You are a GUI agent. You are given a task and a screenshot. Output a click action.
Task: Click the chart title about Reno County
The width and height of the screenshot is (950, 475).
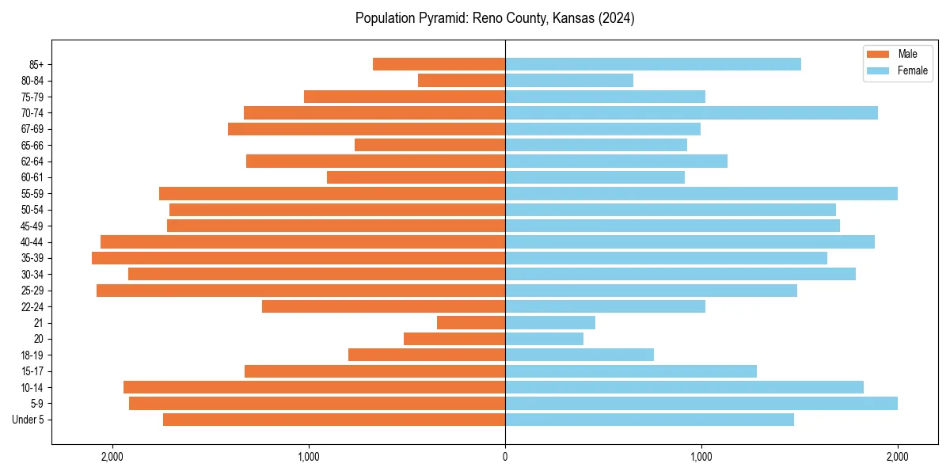pos(495,18)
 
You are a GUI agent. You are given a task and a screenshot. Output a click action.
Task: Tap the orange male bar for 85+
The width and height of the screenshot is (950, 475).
pos(439,64)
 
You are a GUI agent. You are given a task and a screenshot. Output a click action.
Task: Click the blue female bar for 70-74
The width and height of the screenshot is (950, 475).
pos(691,112)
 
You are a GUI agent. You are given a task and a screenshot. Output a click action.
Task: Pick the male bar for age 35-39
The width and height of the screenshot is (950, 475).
pos(298,258)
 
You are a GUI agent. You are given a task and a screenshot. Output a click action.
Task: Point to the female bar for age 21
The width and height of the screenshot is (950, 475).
pos(550,322)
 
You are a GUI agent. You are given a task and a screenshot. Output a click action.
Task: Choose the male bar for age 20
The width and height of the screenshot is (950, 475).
pos(454,339)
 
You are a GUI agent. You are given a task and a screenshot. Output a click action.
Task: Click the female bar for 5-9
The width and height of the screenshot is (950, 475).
pos(701,403)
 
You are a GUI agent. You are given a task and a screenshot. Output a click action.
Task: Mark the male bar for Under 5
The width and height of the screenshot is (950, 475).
pos(334,420)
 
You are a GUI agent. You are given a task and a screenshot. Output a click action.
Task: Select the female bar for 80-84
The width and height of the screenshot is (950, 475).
pos(569,80)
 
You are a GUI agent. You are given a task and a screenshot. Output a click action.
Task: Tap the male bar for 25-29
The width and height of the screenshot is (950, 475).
pos(301,291)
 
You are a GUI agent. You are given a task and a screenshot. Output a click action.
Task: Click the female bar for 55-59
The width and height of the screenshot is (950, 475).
pos(701,193)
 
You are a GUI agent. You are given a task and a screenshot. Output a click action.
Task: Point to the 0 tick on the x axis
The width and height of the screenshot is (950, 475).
pos(505,456)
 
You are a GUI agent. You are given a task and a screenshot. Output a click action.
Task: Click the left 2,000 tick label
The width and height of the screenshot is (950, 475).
pos(112,456)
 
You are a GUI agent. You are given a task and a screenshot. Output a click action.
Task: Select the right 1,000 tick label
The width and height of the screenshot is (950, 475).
pos(701,456)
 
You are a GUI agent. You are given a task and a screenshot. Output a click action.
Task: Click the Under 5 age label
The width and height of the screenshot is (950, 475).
pos(28,420)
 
